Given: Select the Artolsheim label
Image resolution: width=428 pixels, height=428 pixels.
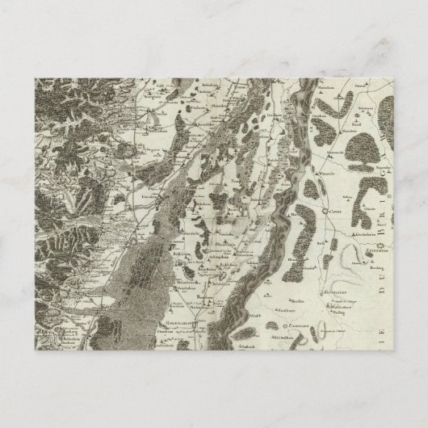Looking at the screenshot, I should click(x=214, y=252).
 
